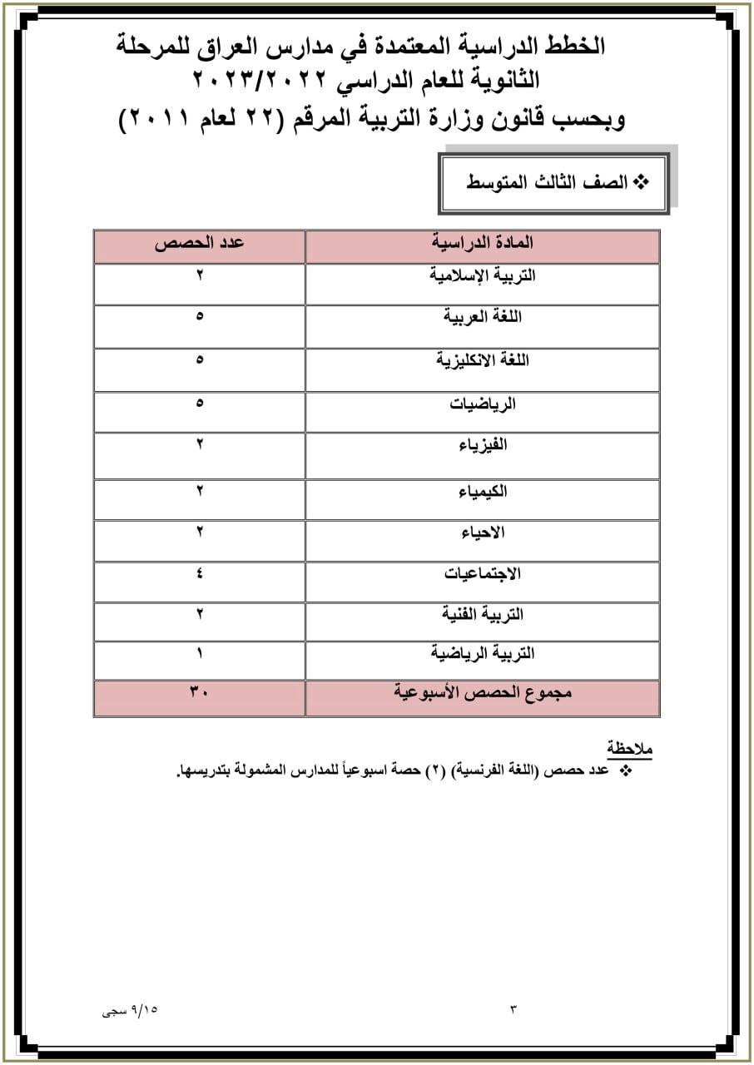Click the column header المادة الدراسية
point(483,243)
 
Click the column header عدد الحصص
point(200,243)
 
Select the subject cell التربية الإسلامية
point(483,275)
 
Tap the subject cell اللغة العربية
point(483,317)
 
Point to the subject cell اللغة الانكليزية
point(483,360)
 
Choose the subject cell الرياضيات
point(483,404)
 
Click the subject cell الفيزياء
point(483,445)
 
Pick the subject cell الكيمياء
point(483,491)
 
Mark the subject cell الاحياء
point(483,532)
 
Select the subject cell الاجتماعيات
point(483,573)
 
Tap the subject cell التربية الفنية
point(483,614)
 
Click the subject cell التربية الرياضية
point(483,654)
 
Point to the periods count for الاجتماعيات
point(200,573)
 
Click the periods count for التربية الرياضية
point(200,654)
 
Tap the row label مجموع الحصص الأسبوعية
point(483,692)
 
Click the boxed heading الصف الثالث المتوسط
point(553,182)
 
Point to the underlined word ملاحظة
point(629,747)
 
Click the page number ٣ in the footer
point(513,1010)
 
